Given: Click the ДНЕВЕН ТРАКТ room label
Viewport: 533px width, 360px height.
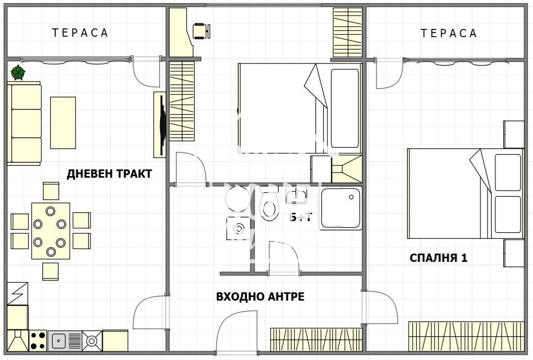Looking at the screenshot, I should (109, 174).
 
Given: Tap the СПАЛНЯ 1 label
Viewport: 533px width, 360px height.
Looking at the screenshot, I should (438, 258).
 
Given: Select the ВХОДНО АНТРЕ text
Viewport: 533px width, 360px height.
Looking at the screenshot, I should (260, 296).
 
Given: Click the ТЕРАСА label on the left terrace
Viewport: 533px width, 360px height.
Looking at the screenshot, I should (80, 33).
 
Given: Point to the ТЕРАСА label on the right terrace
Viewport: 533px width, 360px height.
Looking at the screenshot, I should (448, 34).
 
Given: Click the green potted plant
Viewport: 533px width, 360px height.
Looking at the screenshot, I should (18, 73).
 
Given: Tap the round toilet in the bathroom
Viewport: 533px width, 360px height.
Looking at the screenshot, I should (269, 207).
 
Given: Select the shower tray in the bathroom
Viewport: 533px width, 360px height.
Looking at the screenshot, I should (341, 208).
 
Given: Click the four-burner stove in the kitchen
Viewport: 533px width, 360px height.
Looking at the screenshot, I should (38, 340).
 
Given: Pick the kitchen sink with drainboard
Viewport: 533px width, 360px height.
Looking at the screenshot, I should (66, 340).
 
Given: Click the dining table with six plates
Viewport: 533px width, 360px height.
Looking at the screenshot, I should (50, 230).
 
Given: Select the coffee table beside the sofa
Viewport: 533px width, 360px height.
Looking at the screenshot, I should (62, 122).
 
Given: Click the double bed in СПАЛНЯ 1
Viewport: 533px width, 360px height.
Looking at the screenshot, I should (454, 194).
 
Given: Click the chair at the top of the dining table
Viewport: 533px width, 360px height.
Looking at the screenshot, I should (51, 191).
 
